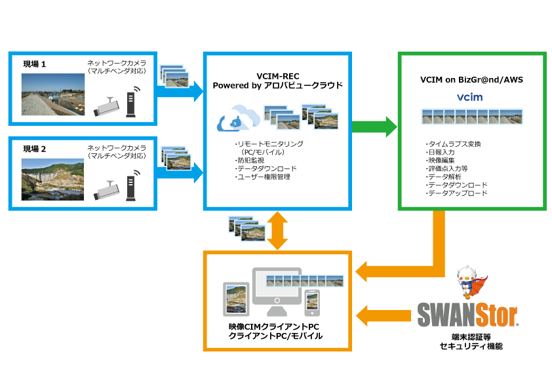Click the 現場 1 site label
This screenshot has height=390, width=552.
(x=35, y=64)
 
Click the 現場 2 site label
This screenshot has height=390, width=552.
(x=35, y=149)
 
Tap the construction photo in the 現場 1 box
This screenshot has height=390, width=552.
(x=52, y=94)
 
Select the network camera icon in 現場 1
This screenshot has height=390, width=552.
(x=106, y=106)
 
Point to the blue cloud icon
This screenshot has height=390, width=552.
(x=236, y=119)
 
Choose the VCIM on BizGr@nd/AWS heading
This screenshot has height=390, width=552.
(x=471, y=79)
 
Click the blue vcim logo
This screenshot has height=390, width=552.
(x=471, y=98)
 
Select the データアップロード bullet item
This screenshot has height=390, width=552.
(x=456, y=194)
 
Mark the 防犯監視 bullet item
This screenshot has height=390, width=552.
(x=250, y=160)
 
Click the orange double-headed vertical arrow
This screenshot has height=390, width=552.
(x=278, y=230)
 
